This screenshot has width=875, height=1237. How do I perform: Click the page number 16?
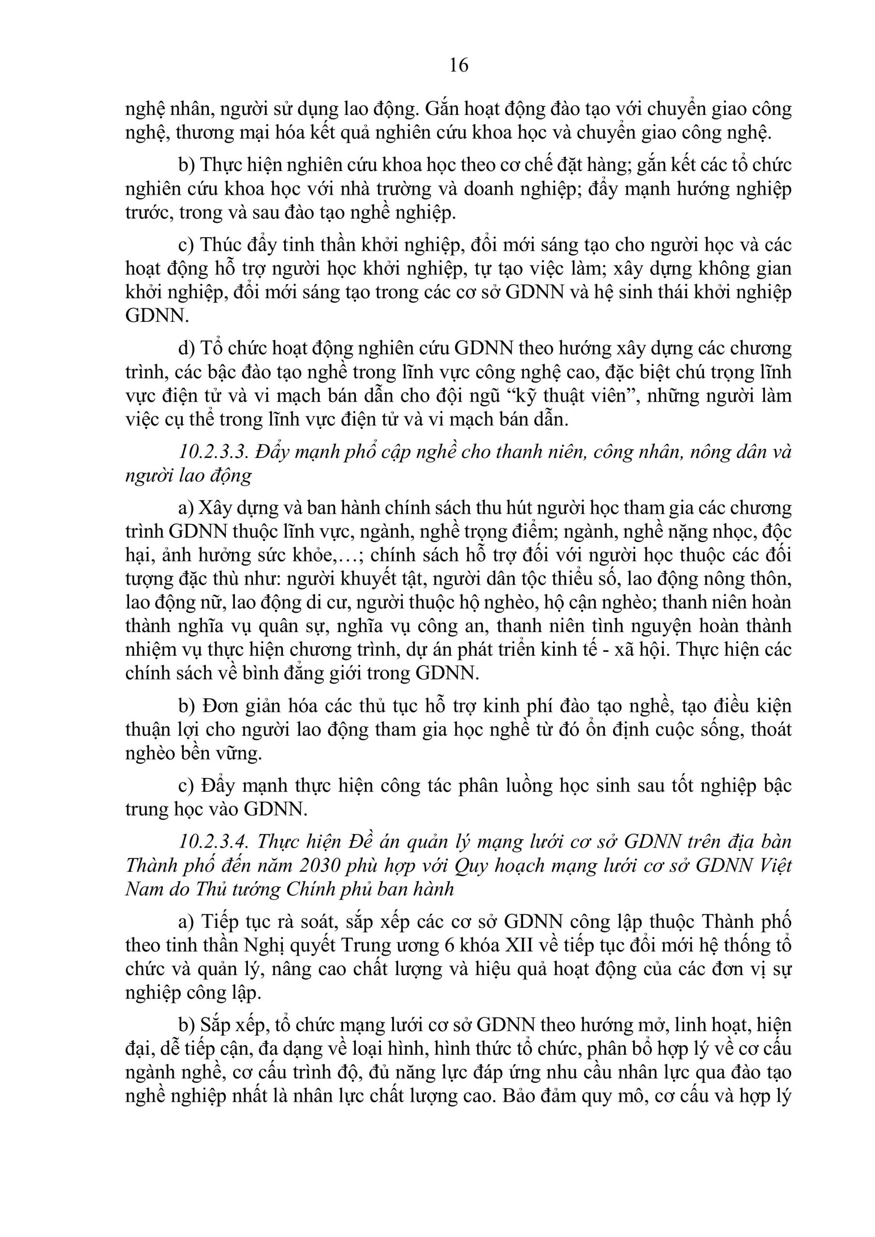(x=458, y=66)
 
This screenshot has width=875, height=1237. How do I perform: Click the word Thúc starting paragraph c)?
(x=219, y=245)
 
